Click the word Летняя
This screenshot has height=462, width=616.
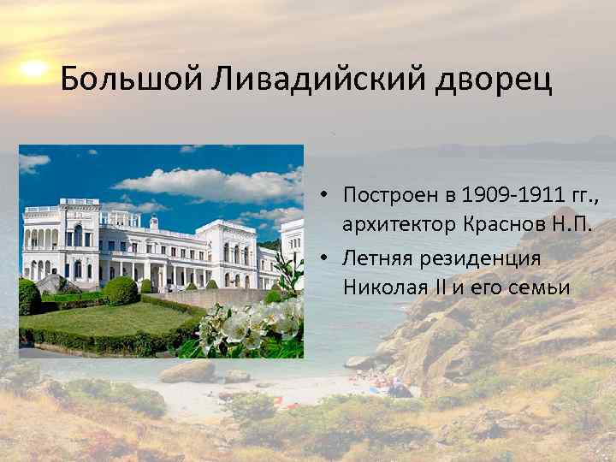(375, 257)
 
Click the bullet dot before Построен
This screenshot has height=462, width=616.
(328, 195)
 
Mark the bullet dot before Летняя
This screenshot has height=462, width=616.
(328, 257)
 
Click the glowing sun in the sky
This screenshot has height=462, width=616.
(33, 68)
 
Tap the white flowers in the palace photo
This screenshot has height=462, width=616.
(257, 325)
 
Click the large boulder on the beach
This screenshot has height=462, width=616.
(188, 371)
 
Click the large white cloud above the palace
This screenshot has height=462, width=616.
(205, 181)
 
